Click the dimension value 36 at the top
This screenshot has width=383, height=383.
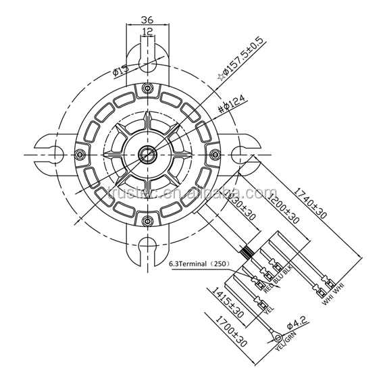(x=147, y=20)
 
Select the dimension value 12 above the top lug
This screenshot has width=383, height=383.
(x=147, y=32)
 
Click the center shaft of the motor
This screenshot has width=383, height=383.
(x=147, y=154)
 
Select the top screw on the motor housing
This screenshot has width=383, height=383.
(x=147, y=89)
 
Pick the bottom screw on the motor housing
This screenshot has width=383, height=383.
(x=147, y=220)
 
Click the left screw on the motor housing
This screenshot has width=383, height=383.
(x=82, y=154)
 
